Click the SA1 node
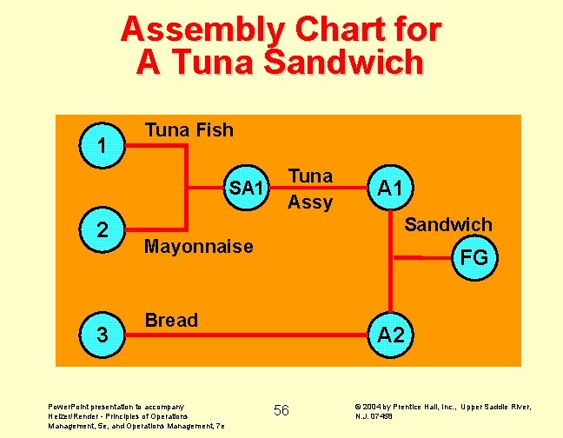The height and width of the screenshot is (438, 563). point(246,188)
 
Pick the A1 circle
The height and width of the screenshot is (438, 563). point(393,188)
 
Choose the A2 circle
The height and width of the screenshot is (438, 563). point(392,334)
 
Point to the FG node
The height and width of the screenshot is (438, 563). point(474,258)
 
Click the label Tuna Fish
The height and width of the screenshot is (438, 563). point(189,130)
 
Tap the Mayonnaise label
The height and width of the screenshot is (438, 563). point(198,246)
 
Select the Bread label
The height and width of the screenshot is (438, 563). point(171,320)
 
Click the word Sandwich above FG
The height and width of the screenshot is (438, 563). point(448,224)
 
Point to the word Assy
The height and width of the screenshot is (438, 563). point(310,202)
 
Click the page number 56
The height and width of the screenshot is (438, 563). point(281,410)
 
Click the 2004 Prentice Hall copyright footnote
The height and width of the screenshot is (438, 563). point(442,411)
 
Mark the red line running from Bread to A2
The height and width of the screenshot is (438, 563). point(261,333)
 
